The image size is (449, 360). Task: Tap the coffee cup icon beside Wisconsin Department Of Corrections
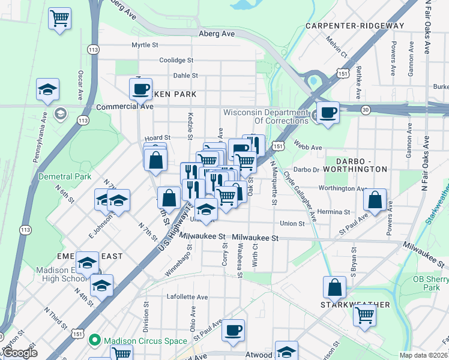coord(328,112)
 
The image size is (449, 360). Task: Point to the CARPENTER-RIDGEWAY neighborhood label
coord(355,26)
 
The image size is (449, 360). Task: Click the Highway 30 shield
coord(365,109)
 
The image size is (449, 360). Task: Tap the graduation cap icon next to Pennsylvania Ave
coord(47,90)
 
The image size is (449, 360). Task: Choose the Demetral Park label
coord(65,176)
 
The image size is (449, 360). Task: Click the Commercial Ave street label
coord(125,106)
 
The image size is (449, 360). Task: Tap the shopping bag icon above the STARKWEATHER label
coord(335,287)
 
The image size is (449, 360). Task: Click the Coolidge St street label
coord(176,60)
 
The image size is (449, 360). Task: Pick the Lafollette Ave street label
coord(187,297)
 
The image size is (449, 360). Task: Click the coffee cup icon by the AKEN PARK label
coord(141,89)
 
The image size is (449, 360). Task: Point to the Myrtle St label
coord(145,45)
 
